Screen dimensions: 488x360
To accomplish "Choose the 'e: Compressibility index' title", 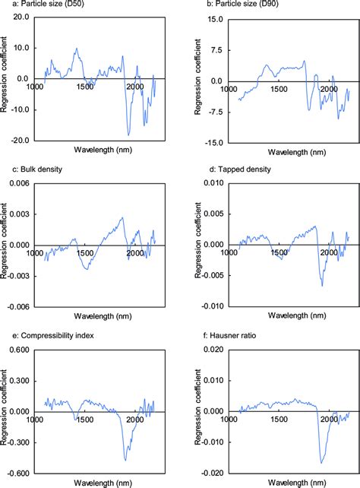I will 49,331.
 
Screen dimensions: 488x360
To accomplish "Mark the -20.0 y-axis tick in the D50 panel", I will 19,141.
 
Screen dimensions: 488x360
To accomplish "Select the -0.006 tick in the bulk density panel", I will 17,306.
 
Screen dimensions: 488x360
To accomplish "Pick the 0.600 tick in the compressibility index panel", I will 17,350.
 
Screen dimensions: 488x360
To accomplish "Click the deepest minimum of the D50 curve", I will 129,135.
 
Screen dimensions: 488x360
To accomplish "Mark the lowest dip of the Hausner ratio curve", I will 321,462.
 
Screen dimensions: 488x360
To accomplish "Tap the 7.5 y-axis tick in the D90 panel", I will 216,50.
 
